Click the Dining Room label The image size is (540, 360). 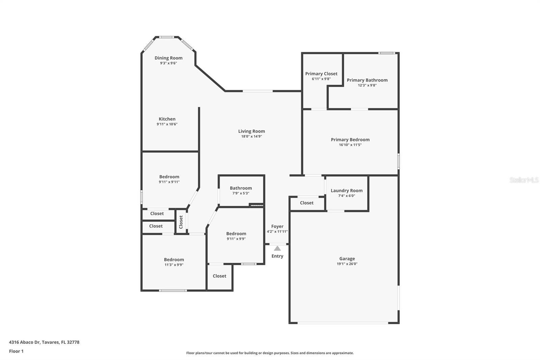click(168, 58)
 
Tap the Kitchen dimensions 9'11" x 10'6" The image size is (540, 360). click(167, 124)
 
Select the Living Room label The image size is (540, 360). click(251, 131)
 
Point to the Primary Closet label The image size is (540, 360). click(321, 74)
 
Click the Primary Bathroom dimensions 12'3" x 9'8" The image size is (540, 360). click(367, 85)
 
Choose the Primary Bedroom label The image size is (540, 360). click(350, 139)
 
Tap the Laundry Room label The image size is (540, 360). click(346, 190)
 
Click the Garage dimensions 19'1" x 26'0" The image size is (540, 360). click(347, 264)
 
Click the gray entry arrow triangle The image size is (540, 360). click(277, 248)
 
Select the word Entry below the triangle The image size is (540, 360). click(277, 256)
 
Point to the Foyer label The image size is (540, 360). click(277, 226)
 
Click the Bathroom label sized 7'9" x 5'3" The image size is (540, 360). click(241, 188)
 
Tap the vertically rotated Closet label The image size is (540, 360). click(181, 222)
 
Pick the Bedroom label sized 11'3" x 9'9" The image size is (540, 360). click(174, 260)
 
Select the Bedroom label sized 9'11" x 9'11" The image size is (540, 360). click(169, 177)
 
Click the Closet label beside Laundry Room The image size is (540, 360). click(306, 203)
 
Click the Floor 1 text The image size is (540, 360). click(16, 351)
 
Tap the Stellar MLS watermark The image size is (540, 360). click(524, 180)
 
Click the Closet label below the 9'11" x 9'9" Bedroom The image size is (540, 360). click(219, 276)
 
